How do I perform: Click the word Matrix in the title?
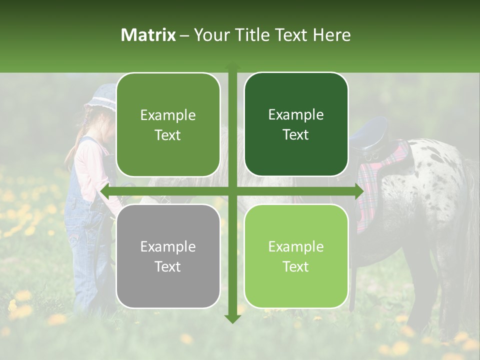(x=148, y=35)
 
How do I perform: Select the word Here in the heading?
(x=332, y=35)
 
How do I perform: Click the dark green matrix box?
(x=296, y=124)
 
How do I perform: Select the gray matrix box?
(x=168, y=256)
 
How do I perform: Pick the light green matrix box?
(x=296, y=256)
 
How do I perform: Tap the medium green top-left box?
(x=168, y=124)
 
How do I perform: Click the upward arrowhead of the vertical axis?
(x=232, y=66)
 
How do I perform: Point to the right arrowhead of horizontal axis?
(x=358, y=191)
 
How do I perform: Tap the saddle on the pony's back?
(x=370, y=135)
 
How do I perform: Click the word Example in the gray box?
(x=168, y=246)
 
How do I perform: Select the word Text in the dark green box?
(x=296, y=135)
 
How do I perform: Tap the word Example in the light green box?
(x=296, y=246)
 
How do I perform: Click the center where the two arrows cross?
(x=232, y=191)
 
